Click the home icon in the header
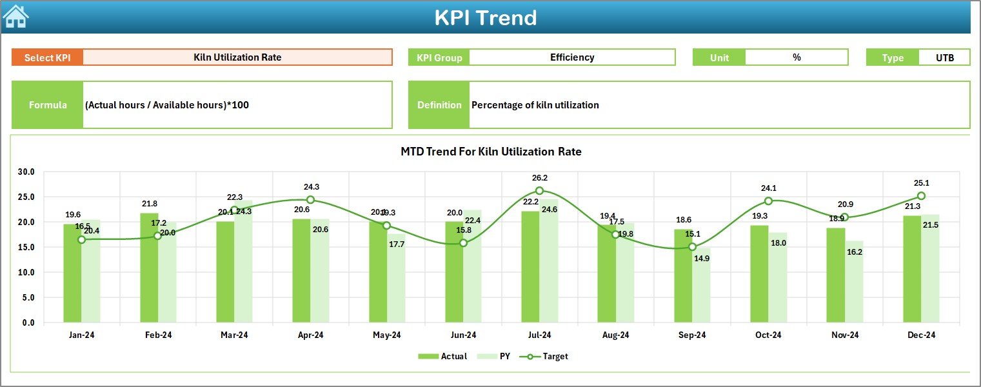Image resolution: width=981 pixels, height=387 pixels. tap(15, 17)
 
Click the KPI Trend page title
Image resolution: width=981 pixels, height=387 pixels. tap(485, 17)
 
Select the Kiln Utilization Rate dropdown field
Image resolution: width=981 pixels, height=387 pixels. tap(237, 57)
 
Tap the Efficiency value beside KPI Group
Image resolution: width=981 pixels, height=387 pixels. tap(571, 57)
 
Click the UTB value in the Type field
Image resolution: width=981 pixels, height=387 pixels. tap(944, 57)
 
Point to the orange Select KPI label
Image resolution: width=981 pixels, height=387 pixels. tap(47, 57)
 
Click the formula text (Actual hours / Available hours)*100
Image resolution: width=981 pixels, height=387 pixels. tap(167, 104)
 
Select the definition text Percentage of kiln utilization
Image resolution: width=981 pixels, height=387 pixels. tap(535, 104)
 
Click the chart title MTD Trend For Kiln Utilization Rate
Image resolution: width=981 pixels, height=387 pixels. tap(491, 152)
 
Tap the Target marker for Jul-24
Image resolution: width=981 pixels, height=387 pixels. tap(539, 191)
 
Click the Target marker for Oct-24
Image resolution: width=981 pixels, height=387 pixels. tap(768, 201)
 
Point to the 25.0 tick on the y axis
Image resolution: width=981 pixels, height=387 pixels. tap(27, 197)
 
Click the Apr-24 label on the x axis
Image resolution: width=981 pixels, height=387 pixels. tap(310, 335)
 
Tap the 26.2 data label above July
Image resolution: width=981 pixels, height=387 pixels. tap(539, 177)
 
